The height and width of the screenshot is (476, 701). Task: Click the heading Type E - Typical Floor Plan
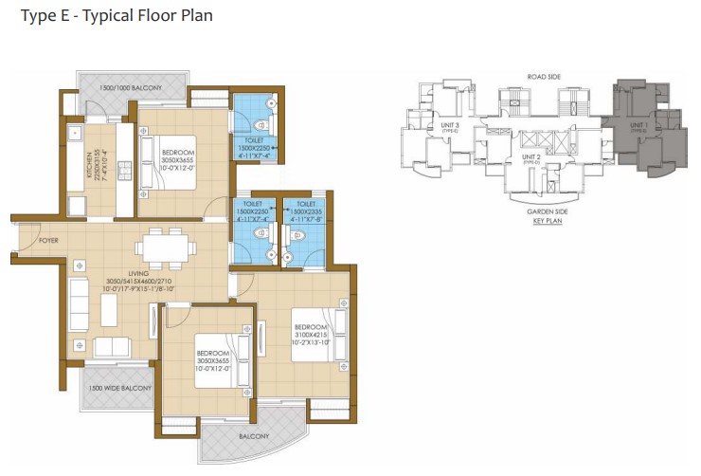point(111,16)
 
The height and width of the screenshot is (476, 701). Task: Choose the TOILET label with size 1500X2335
point(305,203)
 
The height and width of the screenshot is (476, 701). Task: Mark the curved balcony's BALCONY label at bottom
point(254,437)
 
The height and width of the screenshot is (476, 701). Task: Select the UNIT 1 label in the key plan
point(640,124)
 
